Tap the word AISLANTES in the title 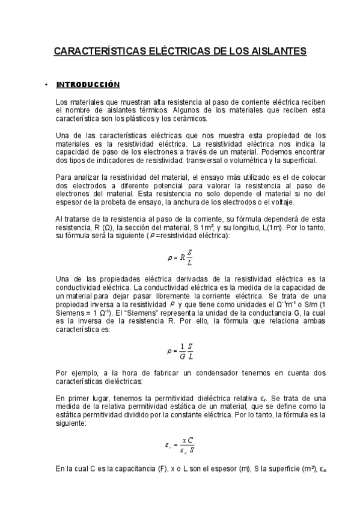[x=277, y=52]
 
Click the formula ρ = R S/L [x=180, y=258]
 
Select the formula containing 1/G [x=180, y=351]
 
